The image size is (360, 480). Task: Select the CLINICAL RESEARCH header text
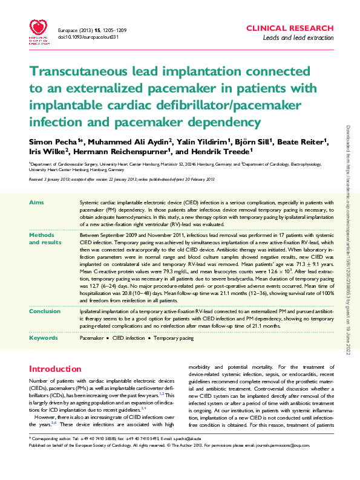290,28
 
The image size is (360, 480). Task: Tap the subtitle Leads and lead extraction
298,38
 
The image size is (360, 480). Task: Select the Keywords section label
44,338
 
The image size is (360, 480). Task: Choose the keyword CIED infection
127,339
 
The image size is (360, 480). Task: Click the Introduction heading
55,369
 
